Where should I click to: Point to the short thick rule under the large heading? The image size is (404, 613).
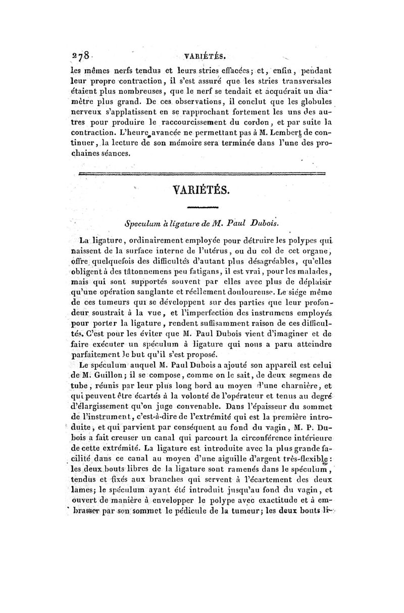click(202, 207)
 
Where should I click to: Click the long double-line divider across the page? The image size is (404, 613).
click(202, 174)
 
